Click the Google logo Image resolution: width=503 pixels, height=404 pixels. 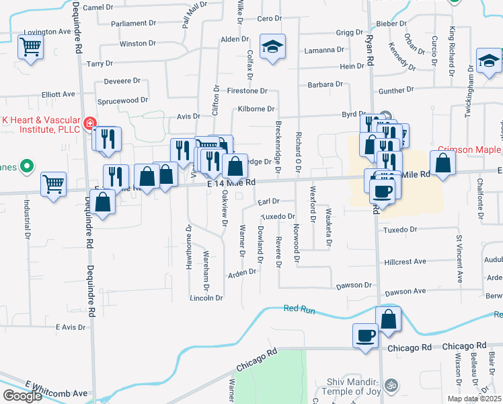click(x=22, y=396)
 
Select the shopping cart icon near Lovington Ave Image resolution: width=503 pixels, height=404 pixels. click(x=30, y=48)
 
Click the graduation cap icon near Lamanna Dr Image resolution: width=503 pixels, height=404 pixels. click(x=272, y=46)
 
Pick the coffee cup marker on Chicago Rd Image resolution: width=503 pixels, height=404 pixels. click(x=365, y=335)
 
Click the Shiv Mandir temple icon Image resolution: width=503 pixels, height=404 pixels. click(x=393, y=386)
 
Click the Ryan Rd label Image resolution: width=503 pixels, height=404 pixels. click(x=370, y=51)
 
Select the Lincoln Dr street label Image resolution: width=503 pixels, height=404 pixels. click(x=206, y=298)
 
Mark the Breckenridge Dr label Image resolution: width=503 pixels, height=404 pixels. click(x=278, y=144)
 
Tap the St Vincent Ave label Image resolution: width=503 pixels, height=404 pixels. click(x=459, y=259)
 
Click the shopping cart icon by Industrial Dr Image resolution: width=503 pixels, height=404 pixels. click(x=53, y=183)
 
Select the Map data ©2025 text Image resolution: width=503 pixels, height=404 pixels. click(x=474, y=399)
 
